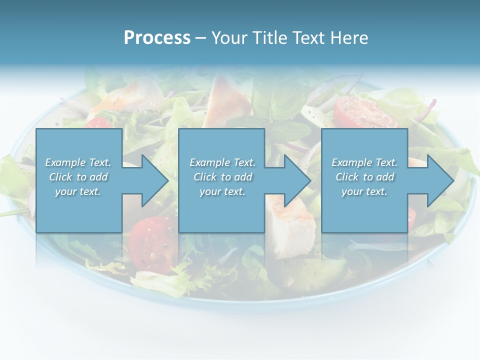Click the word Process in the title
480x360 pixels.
tap(157, 38)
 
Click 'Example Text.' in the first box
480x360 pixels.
tap(78, 162)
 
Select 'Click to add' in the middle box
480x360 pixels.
tap(222, 177)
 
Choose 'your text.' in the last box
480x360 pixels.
tap(364, 191)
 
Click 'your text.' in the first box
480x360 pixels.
tap(78, 191)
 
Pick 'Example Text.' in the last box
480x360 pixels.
tap(364, 162)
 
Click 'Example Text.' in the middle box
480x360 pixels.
tap(222, 162)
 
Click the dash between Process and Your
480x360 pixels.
tap(200, 38)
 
